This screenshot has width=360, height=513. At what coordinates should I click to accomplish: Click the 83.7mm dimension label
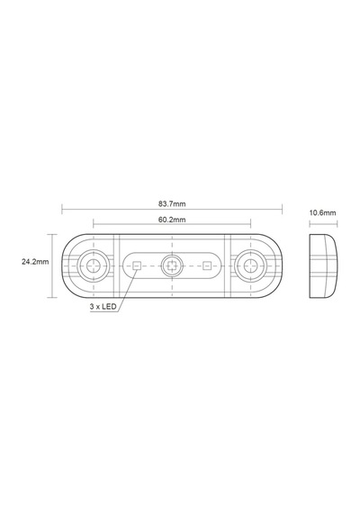click(x=172, y=203)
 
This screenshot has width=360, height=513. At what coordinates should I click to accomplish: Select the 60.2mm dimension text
click(x=172, y=220)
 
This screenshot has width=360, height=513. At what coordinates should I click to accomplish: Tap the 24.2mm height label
click(x=35, y=262)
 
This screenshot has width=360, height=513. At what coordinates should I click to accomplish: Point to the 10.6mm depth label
click(x=323, y=213)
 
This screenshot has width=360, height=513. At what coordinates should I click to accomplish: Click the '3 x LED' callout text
click(x=103, y=307)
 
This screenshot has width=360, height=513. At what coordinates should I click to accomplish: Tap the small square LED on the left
click(x=137, y=265)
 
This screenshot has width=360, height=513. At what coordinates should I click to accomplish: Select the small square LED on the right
click(x=206, y=265)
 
